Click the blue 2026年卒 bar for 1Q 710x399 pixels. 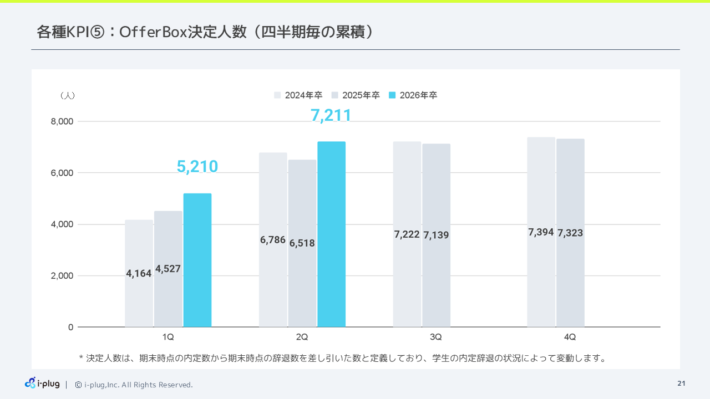(197, 260)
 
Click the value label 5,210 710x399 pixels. (197, 166)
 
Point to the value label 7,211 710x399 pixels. (331, 115)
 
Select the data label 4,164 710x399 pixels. (139, 273)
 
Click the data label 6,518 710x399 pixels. (302, 243)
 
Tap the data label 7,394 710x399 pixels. (541, 232)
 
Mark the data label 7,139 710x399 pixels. (436, 236)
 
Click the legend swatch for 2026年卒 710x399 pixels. (392, 95)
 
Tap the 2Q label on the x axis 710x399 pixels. (302, 337)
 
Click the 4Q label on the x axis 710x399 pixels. (570, 337)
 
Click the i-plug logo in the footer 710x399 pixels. (42, 383)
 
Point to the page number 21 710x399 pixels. (681, 383)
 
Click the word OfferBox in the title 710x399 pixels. (153, 32)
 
